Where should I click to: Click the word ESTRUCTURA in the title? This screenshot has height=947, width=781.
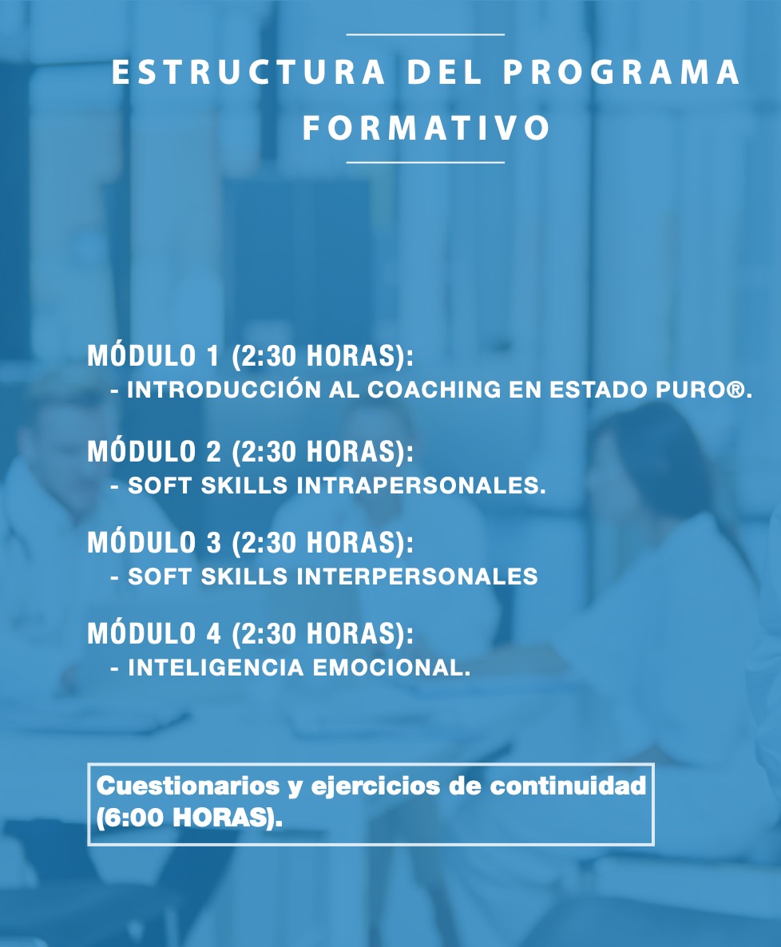pos(248,72)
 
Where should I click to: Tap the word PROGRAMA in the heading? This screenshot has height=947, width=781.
pos(622,72)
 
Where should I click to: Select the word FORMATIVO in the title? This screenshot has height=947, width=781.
pos(426,128)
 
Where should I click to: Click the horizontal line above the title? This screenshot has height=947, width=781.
pos(425,35)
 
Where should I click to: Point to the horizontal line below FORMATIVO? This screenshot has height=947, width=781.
pos(425,162)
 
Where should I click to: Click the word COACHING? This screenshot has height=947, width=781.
pos(434,390)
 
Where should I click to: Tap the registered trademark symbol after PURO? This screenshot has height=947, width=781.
pos(736,390)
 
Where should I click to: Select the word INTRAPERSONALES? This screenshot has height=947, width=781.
pos(422,485)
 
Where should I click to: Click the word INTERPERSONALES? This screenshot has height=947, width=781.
pos(417,577)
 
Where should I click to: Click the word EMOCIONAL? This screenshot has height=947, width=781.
pos(391,668)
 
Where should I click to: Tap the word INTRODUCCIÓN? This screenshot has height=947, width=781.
pos(224,390)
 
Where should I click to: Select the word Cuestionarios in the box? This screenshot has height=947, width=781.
pos(188,786)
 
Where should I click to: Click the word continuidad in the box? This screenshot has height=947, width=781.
pos(568,786)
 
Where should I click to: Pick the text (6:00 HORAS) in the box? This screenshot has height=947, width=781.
pos(189,818)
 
